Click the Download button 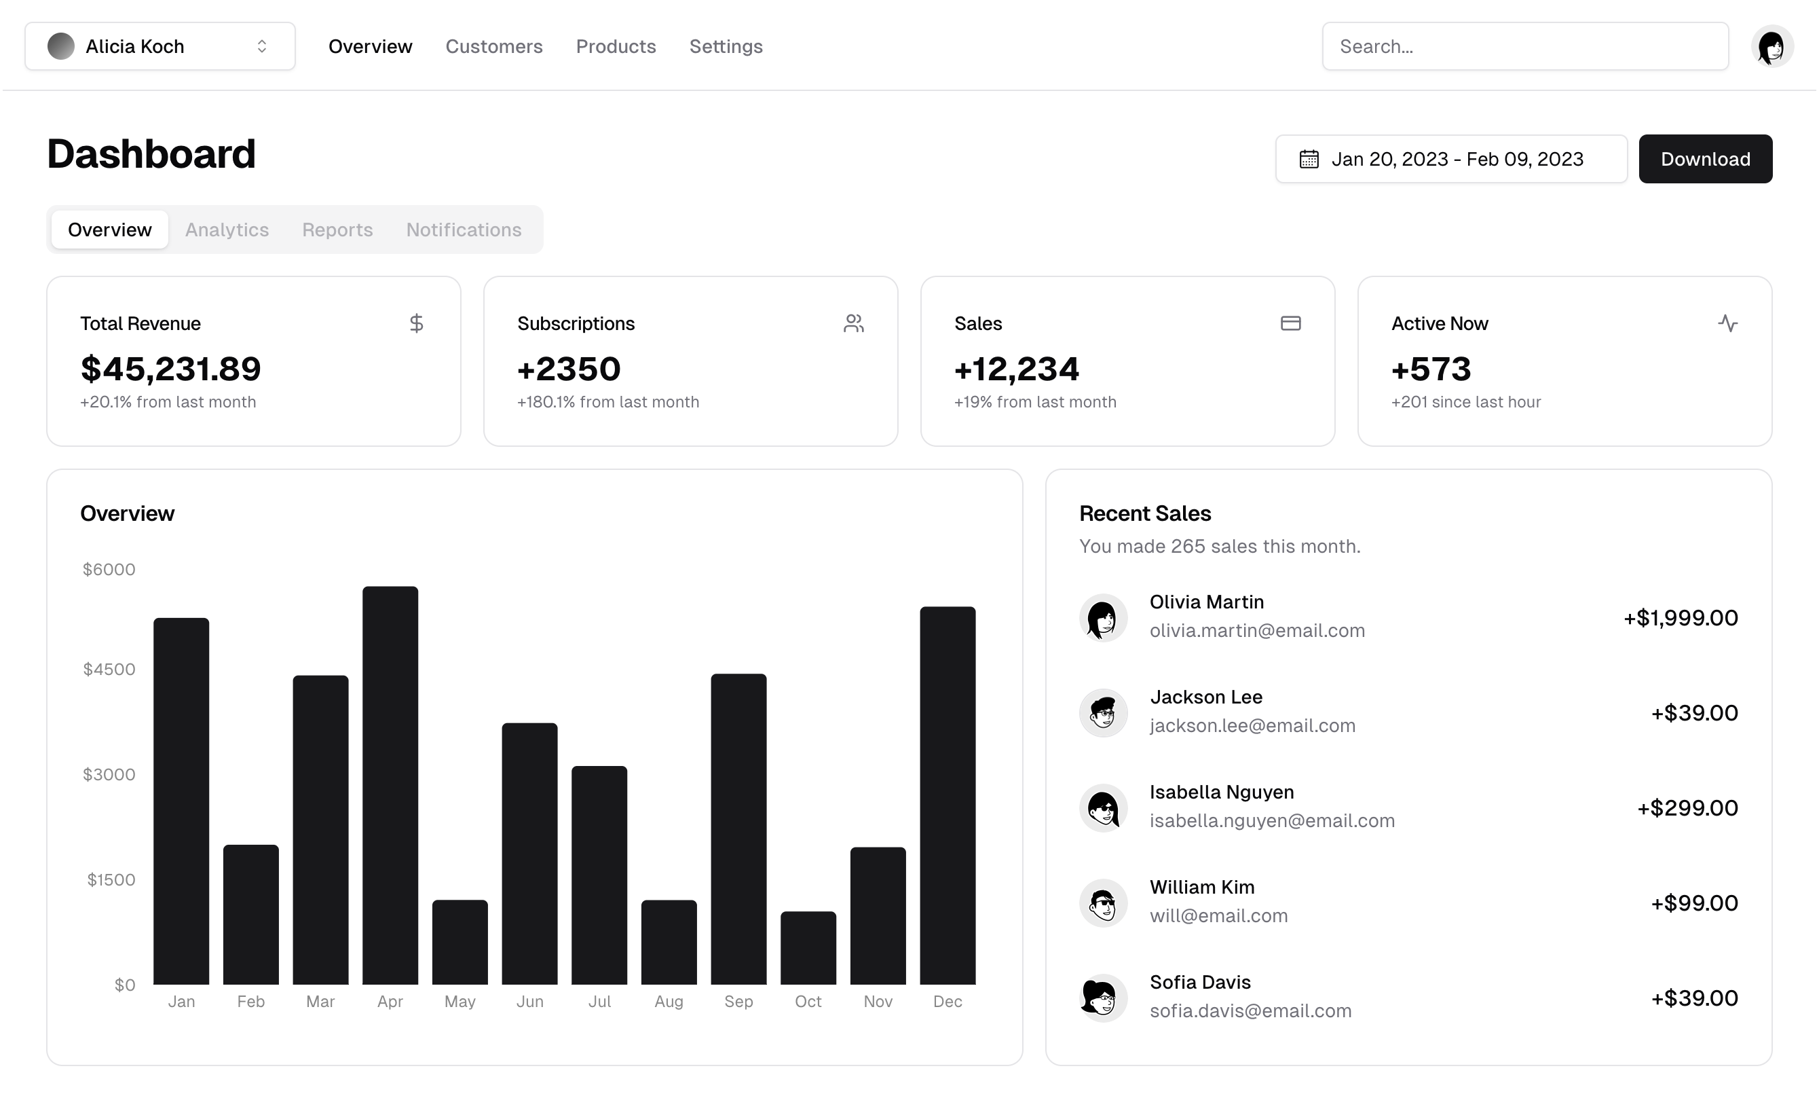tap(1704, 159)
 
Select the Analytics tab tap(227, 230)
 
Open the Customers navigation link tap(494, 47)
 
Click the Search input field tap(1524, 47)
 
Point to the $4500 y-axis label tap(109, 669)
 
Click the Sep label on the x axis tap(738, 1002)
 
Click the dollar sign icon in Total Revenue tap(416, 323)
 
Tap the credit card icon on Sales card tap(1290, 323)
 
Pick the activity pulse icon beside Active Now tap(1727, 323)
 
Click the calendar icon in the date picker tap(1309, 159)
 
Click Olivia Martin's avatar tap(1103, 617)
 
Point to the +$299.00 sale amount tap(1687, 808)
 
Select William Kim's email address tap(1218, 916)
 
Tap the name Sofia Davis tap(1199, 982)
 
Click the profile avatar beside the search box tap(1771, 47)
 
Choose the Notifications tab tap(464, 230)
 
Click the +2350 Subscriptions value tap(569, 369)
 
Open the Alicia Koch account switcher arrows tap(262, 47)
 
